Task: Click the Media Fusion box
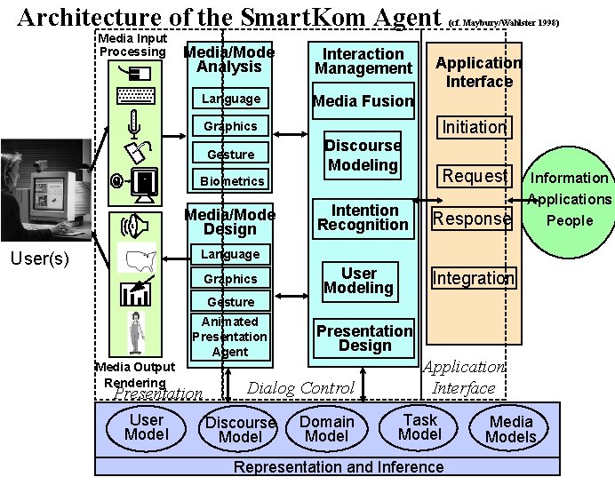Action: tap(363, 100)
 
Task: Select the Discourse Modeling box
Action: tap(362, 155)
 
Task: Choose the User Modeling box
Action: tap(358, 281)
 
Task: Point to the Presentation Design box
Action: tap(363, 338)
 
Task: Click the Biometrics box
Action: tap(231, 181)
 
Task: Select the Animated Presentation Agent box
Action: tap(229, 337)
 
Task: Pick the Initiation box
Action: tap(474, 127)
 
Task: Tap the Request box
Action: tap(474, 176)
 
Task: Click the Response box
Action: tap(472, 219)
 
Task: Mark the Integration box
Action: tap(472, 278)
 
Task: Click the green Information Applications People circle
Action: tap(569, 200)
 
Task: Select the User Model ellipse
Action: tap(146, 427)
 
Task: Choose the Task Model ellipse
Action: tap(419, 426)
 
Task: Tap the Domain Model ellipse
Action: tap(326, 428)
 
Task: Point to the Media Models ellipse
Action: tap(512, 428)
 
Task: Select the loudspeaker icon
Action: tap(134, 226)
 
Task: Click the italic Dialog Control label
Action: tap(300, 387)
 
